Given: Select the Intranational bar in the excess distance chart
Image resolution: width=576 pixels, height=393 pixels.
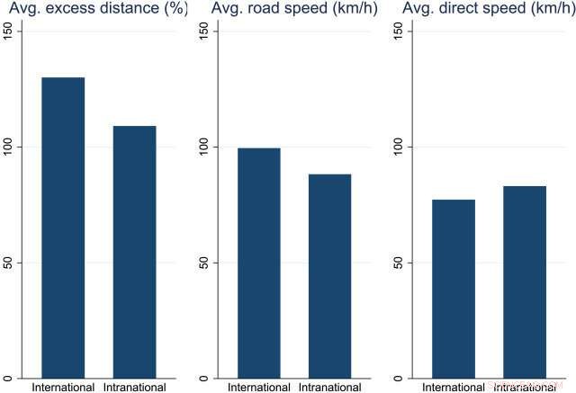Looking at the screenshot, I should point(134,252).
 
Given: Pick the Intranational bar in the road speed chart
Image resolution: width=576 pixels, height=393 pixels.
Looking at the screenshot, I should point(329,275).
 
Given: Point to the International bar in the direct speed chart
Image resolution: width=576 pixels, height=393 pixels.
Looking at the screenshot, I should point(454,289).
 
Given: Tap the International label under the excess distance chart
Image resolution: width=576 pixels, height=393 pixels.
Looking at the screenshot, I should point(63,387).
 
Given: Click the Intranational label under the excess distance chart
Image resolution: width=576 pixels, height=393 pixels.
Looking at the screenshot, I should point(134,387).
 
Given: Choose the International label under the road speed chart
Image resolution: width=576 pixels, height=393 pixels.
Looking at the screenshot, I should point(258,387).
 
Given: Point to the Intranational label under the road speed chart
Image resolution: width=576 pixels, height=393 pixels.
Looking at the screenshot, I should point(329,387).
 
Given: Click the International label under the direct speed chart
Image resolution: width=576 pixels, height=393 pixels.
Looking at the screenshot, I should point(454,387).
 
